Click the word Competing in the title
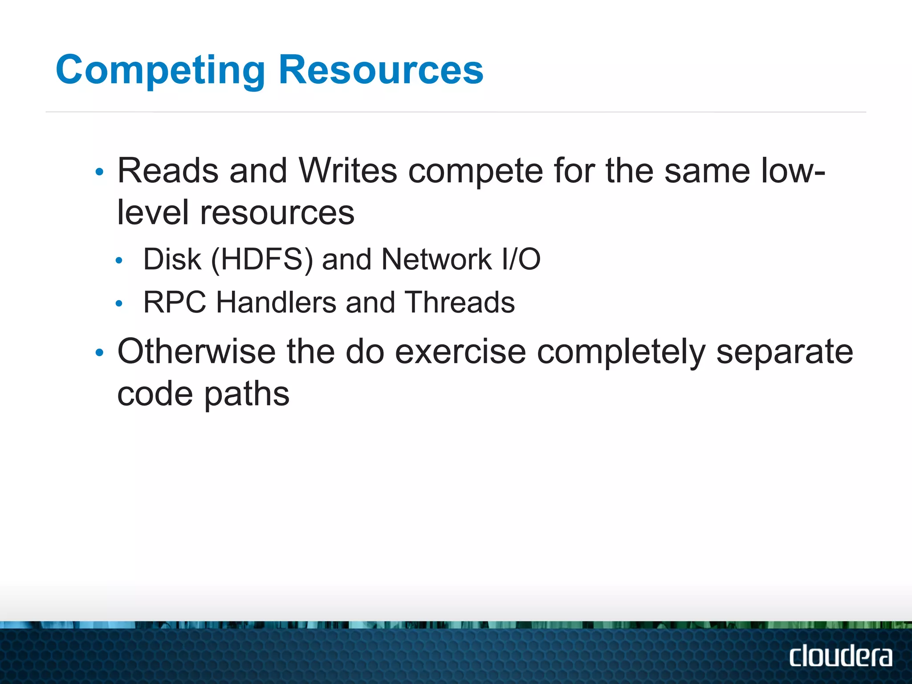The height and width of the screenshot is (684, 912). pos(160,70)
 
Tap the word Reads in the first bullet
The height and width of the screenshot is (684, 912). pos(168,171)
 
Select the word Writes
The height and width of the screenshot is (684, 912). pos(348,171)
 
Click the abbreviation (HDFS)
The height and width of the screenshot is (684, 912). pos(262,259)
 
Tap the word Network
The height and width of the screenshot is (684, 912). pos(436,259)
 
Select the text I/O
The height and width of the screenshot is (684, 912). pos(521,259)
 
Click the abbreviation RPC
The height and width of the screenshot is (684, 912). pos(175,302)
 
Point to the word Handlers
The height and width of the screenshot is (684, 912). pos(276,302)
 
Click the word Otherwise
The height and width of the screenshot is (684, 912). pos(196,352)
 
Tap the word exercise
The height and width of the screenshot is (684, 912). pos(460,352)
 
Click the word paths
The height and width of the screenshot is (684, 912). pos(247,395)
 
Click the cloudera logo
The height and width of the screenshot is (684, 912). pos(841,656)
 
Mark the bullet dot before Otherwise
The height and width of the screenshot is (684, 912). pos(99,353)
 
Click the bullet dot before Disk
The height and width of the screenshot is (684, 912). pos(118,261)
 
